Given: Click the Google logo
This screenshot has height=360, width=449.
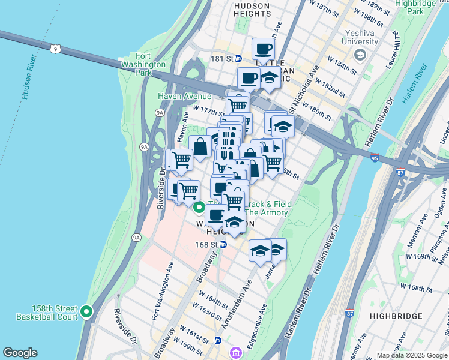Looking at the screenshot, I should (20, 353).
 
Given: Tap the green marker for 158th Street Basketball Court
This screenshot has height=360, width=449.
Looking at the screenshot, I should (86, 311).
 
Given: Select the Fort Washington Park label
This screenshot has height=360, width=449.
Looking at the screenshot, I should (143, 64).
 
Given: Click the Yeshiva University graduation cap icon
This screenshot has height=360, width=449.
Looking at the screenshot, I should (360, 56).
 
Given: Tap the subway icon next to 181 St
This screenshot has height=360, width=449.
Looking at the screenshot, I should (238, 59).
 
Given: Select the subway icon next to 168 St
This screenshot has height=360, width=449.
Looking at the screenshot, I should (223, 245).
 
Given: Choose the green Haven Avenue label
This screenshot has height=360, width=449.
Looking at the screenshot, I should (184, 96).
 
